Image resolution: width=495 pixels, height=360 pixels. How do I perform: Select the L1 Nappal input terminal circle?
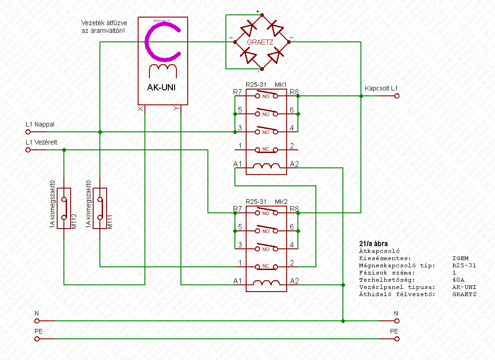tap(28, 132)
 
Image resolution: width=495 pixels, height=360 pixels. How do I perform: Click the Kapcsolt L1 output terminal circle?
tap(396, 96)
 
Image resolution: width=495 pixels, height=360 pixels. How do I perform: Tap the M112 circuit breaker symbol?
tap(64, 208)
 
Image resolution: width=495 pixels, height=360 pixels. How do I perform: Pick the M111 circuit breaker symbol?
tap(100, 208)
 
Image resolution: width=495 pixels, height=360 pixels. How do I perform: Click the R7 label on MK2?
tap(237, 209)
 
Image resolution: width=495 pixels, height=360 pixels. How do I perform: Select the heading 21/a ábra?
tap(371, 243)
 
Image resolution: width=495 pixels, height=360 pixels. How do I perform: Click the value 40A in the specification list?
tap(458, 280)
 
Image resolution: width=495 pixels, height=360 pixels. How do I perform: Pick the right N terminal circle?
tap(396, 321)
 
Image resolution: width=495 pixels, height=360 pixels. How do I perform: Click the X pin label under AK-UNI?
tap(140, 109)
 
